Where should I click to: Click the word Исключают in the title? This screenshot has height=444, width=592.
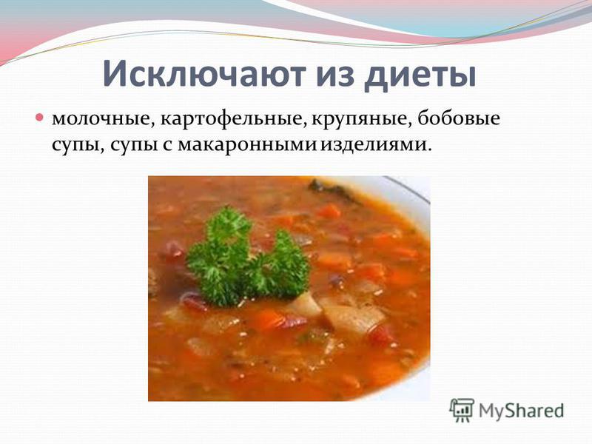coord(204,74)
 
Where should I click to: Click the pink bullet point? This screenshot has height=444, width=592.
coord(40,118)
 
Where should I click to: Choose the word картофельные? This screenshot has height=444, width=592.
coord(231,120)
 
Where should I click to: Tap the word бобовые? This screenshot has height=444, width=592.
coord(459,118)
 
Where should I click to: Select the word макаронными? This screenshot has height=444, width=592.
coord(246,145)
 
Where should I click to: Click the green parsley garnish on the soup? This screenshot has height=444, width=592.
coord(248,258)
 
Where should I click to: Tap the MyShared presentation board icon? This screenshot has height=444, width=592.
coord(462,410)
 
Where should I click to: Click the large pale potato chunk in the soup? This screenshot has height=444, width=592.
coord(353,318)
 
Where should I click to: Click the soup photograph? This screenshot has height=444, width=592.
coord(289,289)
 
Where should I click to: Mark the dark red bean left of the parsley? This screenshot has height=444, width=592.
coord(174,250)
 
